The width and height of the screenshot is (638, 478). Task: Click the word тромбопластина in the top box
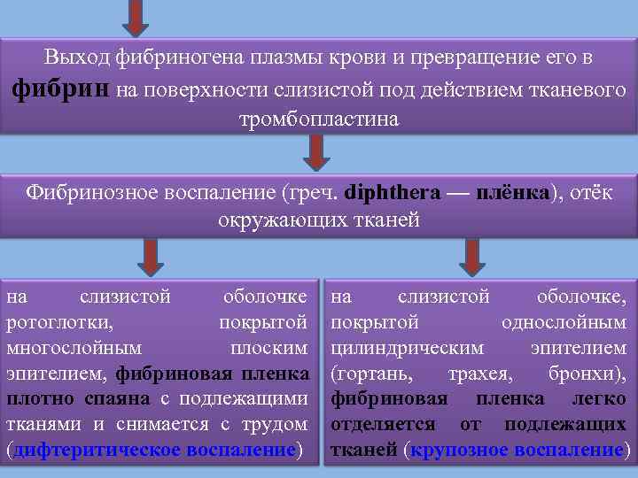tap(319, 119)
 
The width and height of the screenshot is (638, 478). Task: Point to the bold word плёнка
tap(513, 192)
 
